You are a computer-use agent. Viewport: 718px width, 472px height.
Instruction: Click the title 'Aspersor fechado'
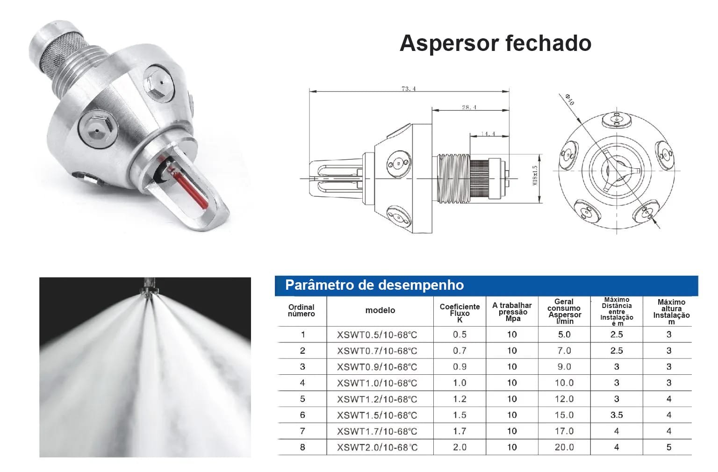(495, 43)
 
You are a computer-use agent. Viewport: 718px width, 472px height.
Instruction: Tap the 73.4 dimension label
(409, 88)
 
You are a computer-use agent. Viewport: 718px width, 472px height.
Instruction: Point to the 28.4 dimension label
(469, 107)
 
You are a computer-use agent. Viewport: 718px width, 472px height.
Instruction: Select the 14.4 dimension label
(488, 134)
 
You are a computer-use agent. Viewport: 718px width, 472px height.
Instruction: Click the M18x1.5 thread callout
(534, 175)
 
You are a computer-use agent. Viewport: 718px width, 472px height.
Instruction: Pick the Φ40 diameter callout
(569, 100)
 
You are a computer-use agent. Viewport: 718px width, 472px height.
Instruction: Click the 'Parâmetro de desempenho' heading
(374, 285)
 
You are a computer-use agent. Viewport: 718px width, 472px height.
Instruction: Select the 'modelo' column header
(380, 310)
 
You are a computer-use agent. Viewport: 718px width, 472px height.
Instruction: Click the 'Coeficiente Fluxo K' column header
(460, 313)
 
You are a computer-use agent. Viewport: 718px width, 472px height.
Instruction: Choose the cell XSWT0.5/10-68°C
(377, 335)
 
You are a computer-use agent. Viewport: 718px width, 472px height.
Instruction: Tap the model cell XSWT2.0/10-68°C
(377, 447)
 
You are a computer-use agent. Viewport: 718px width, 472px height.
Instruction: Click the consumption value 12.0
(564, 399)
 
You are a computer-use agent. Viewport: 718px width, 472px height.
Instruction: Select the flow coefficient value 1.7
(460, 431)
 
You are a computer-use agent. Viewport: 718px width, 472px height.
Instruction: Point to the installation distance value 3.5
(617, 415)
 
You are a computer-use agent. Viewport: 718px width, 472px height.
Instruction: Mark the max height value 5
(668, 447)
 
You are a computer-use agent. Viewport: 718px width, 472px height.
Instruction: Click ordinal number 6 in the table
(302, 415)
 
